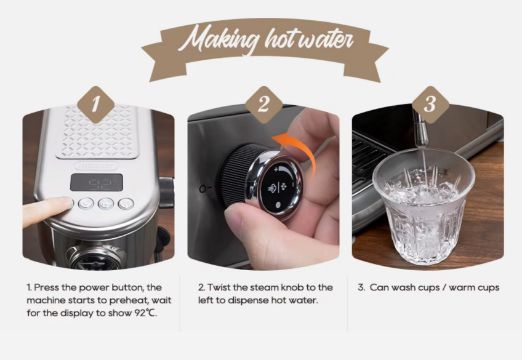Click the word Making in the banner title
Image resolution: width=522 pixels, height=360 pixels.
click(219, 39)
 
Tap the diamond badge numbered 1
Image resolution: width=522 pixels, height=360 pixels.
click(96, 104)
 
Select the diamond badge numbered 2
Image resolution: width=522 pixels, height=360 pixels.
click(263, 104)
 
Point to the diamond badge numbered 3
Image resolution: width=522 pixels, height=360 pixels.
click(430, 104)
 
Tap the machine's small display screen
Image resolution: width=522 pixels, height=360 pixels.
click(96, 182)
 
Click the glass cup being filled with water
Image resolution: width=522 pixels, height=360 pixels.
click(423, 206)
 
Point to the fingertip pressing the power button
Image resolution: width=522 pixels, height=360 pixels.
click(63, 203)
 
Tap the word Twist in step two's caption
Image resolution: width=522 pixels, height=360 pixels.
click(219, 287)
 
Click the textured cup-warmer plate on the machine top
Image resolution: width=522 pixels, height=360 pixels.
click(97, 132)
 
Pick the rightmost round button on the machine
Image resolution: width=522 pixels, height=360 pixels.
click(126, 203)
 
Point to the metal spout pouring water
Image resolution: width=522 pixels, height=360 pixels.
click(420, 129)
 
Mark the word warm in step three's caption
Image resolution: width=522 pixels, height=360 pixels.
click(462, 288)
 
